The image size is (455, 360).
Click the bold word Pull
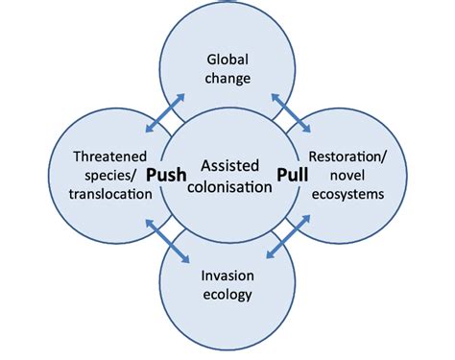point(295,176)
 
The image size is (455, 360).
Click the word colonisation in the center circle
point(227,187)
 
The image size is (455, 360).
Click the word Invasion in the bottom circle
point(227,275)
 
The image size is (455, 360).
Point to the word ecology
point(227,295)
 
